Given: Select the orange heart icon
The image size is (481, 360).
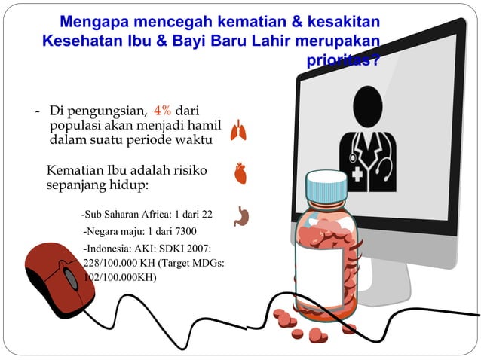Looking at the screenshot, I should point(240,173).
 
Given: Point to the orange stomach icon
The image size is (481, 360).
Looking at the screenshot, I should point(241,216).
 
